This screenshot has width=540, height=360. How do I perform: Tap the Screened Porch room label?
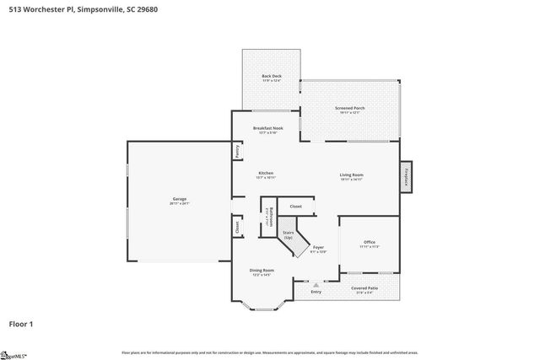(350, 108)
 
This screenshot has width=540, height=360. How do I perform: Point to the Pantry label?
(238, 152)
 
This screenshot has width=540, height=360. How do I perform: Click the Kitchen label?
(266, 175)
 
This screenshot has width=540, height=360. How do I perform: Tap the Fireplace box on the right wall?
(406, 178)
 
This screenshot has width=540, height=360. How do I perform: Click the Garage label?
(179, 201)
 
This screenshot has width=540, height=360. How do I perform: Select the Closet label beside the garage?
(237, 227)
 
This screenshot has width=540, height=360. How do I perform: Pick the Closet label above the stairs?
(295, 206)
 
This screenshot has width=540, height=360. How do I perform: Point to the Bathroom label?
(268, 218)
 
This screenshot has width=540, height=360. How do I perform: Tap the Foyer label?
(318, 250)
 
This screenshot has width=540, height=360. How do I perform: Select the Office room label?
(369, 244)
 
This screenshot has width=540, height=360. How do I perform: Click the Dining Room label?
(262, 271)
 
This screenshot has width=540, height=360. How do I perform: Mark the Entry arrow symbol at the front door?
(316, 285)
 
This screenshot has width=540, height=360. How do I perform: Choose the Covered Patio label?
(364, 289)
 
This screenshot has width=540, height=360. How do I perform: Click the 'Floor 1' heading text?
(21, 323)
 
